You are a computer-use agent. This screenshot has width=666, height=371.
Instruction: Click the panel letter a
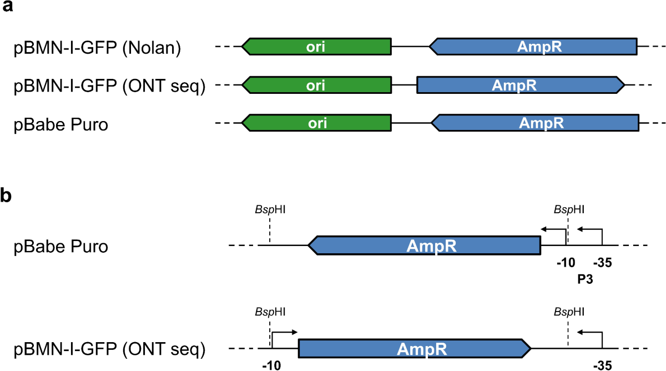8,9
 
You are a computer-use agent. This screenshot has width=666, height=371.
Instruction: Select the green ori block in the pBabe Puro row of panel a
317,123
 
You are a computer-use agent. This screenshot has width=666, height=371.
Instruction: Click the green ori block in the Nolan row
317,47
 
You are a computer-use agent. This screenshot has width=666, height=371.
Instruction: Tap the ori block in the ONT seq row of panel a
317,85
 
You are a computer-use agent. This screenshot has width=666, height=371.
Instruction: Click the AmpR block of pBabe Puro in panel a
536,123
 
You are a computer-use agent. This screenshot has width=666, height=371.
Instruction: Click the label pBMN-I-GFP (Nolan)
98,48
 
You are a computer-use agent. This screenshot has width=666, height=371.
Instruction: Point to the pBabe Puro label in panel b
61,245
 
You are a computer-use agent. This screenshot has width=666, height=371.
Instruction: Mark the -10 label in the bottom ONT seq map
270,366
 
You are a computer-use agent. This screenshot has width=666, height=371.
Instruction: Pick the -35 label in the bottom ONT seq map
602,366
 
